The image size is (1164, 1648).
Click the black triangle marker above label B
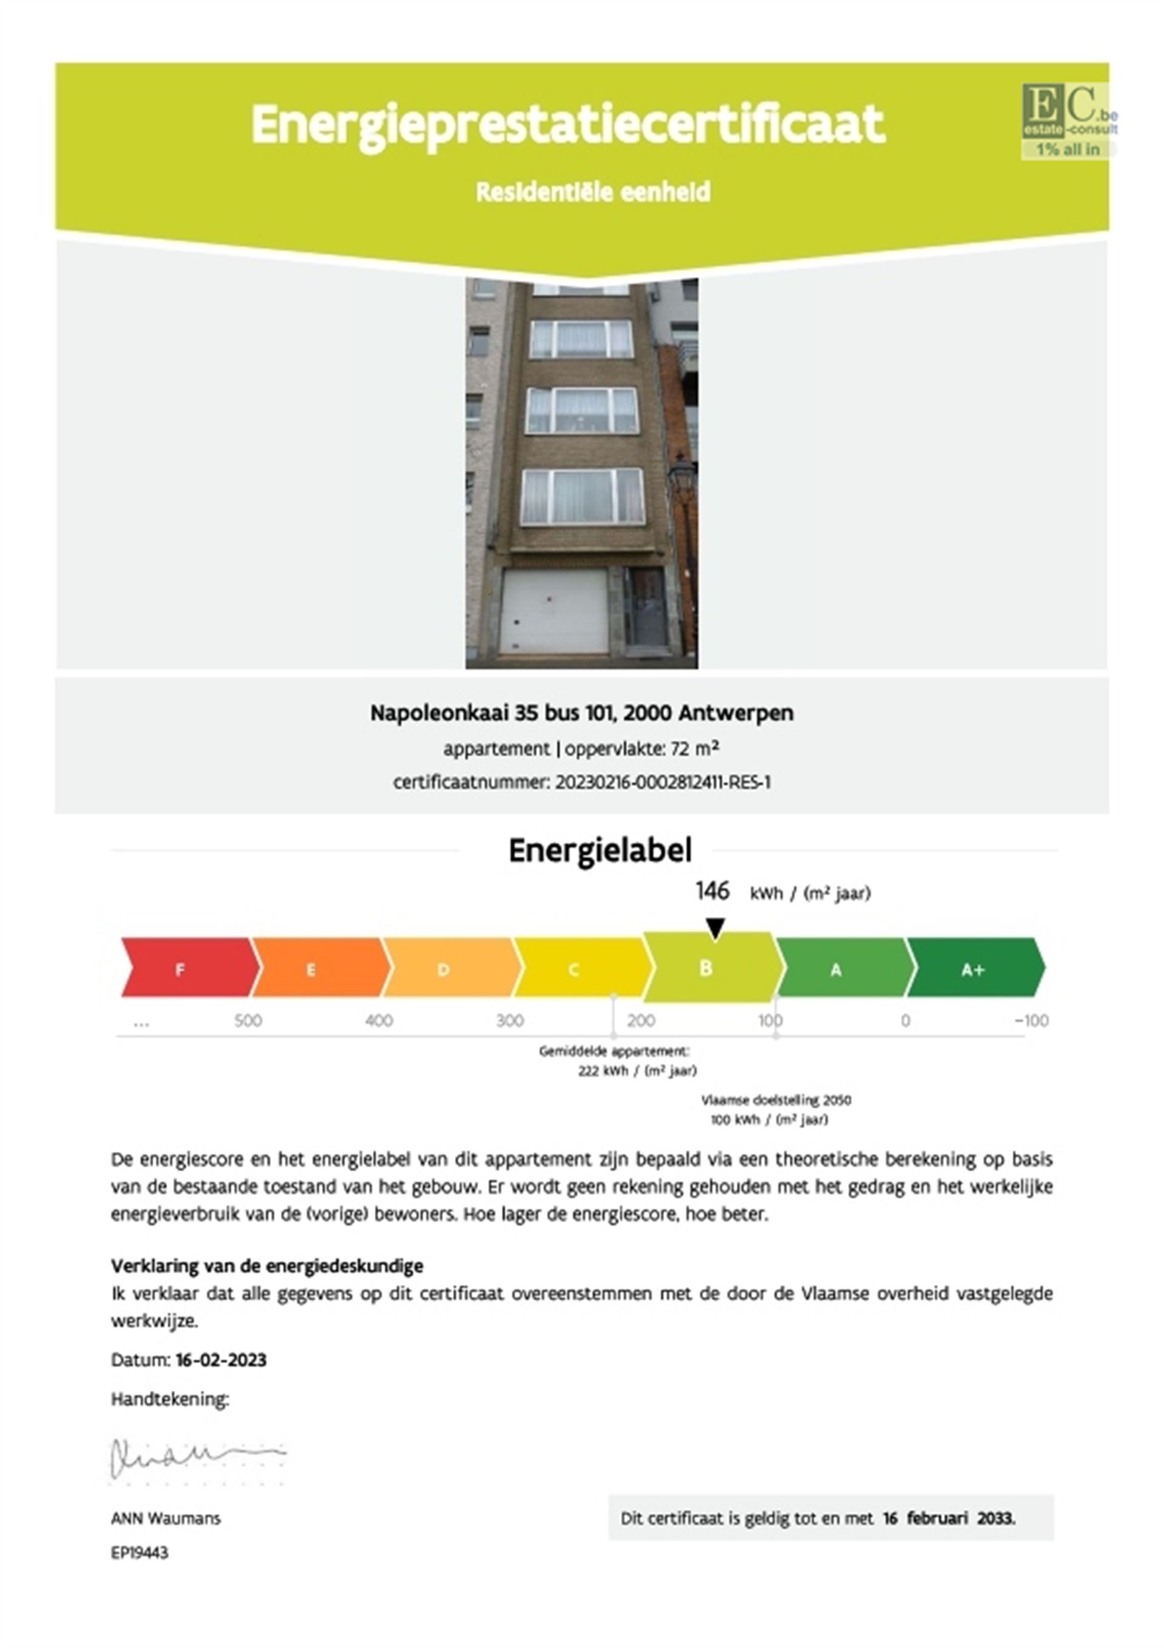coord(715,927)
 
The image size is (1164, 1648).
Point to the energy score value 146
coord(712,892)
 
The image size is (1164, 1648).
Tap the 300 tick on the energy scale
coord(509,1021)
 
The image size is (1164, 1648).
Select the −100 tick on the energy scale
coord(1031,1021)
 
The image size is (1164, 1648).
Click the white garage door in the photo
coord(554,611)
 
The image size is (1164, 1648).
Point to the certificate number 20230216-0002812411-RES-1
coord(663,782)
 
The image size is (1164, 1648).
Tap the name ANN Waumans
coord(166,1519)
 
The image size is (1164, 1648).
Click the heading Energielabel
coord(600,850)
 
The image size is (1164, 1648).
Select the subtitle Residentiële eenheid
coord(593,192)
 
